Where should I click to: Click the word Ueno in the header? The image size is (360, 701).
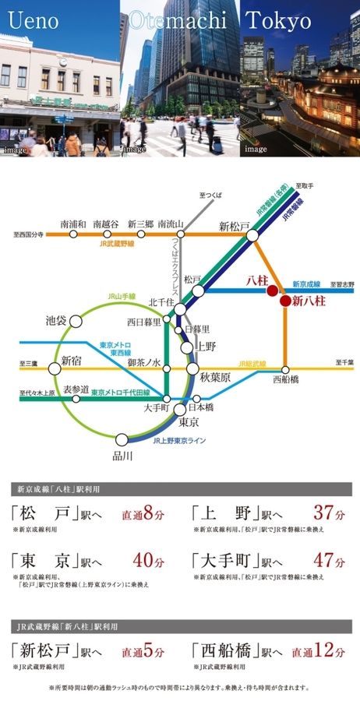[x=33, y=20]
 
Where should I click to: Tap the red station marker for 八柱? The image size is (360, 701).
[x=271, y=291]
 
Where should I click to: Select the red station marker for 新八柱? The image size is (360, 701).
[x=285, y=301]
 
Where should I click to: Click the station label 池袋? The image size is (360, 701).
[x=56, y=320]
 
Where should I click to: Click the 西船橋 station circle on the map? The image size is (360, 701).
[x=285, y=369]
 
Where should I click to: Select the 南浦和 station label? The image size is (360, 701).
[x=72, y=224]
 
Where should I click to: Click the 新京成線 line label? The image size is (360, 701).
[x=306, y=284]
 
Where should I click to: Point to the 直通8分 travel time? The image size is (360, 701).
[x=143, y=515]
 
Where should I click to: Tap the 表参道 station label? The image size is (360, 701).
[x=76, y=389]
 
